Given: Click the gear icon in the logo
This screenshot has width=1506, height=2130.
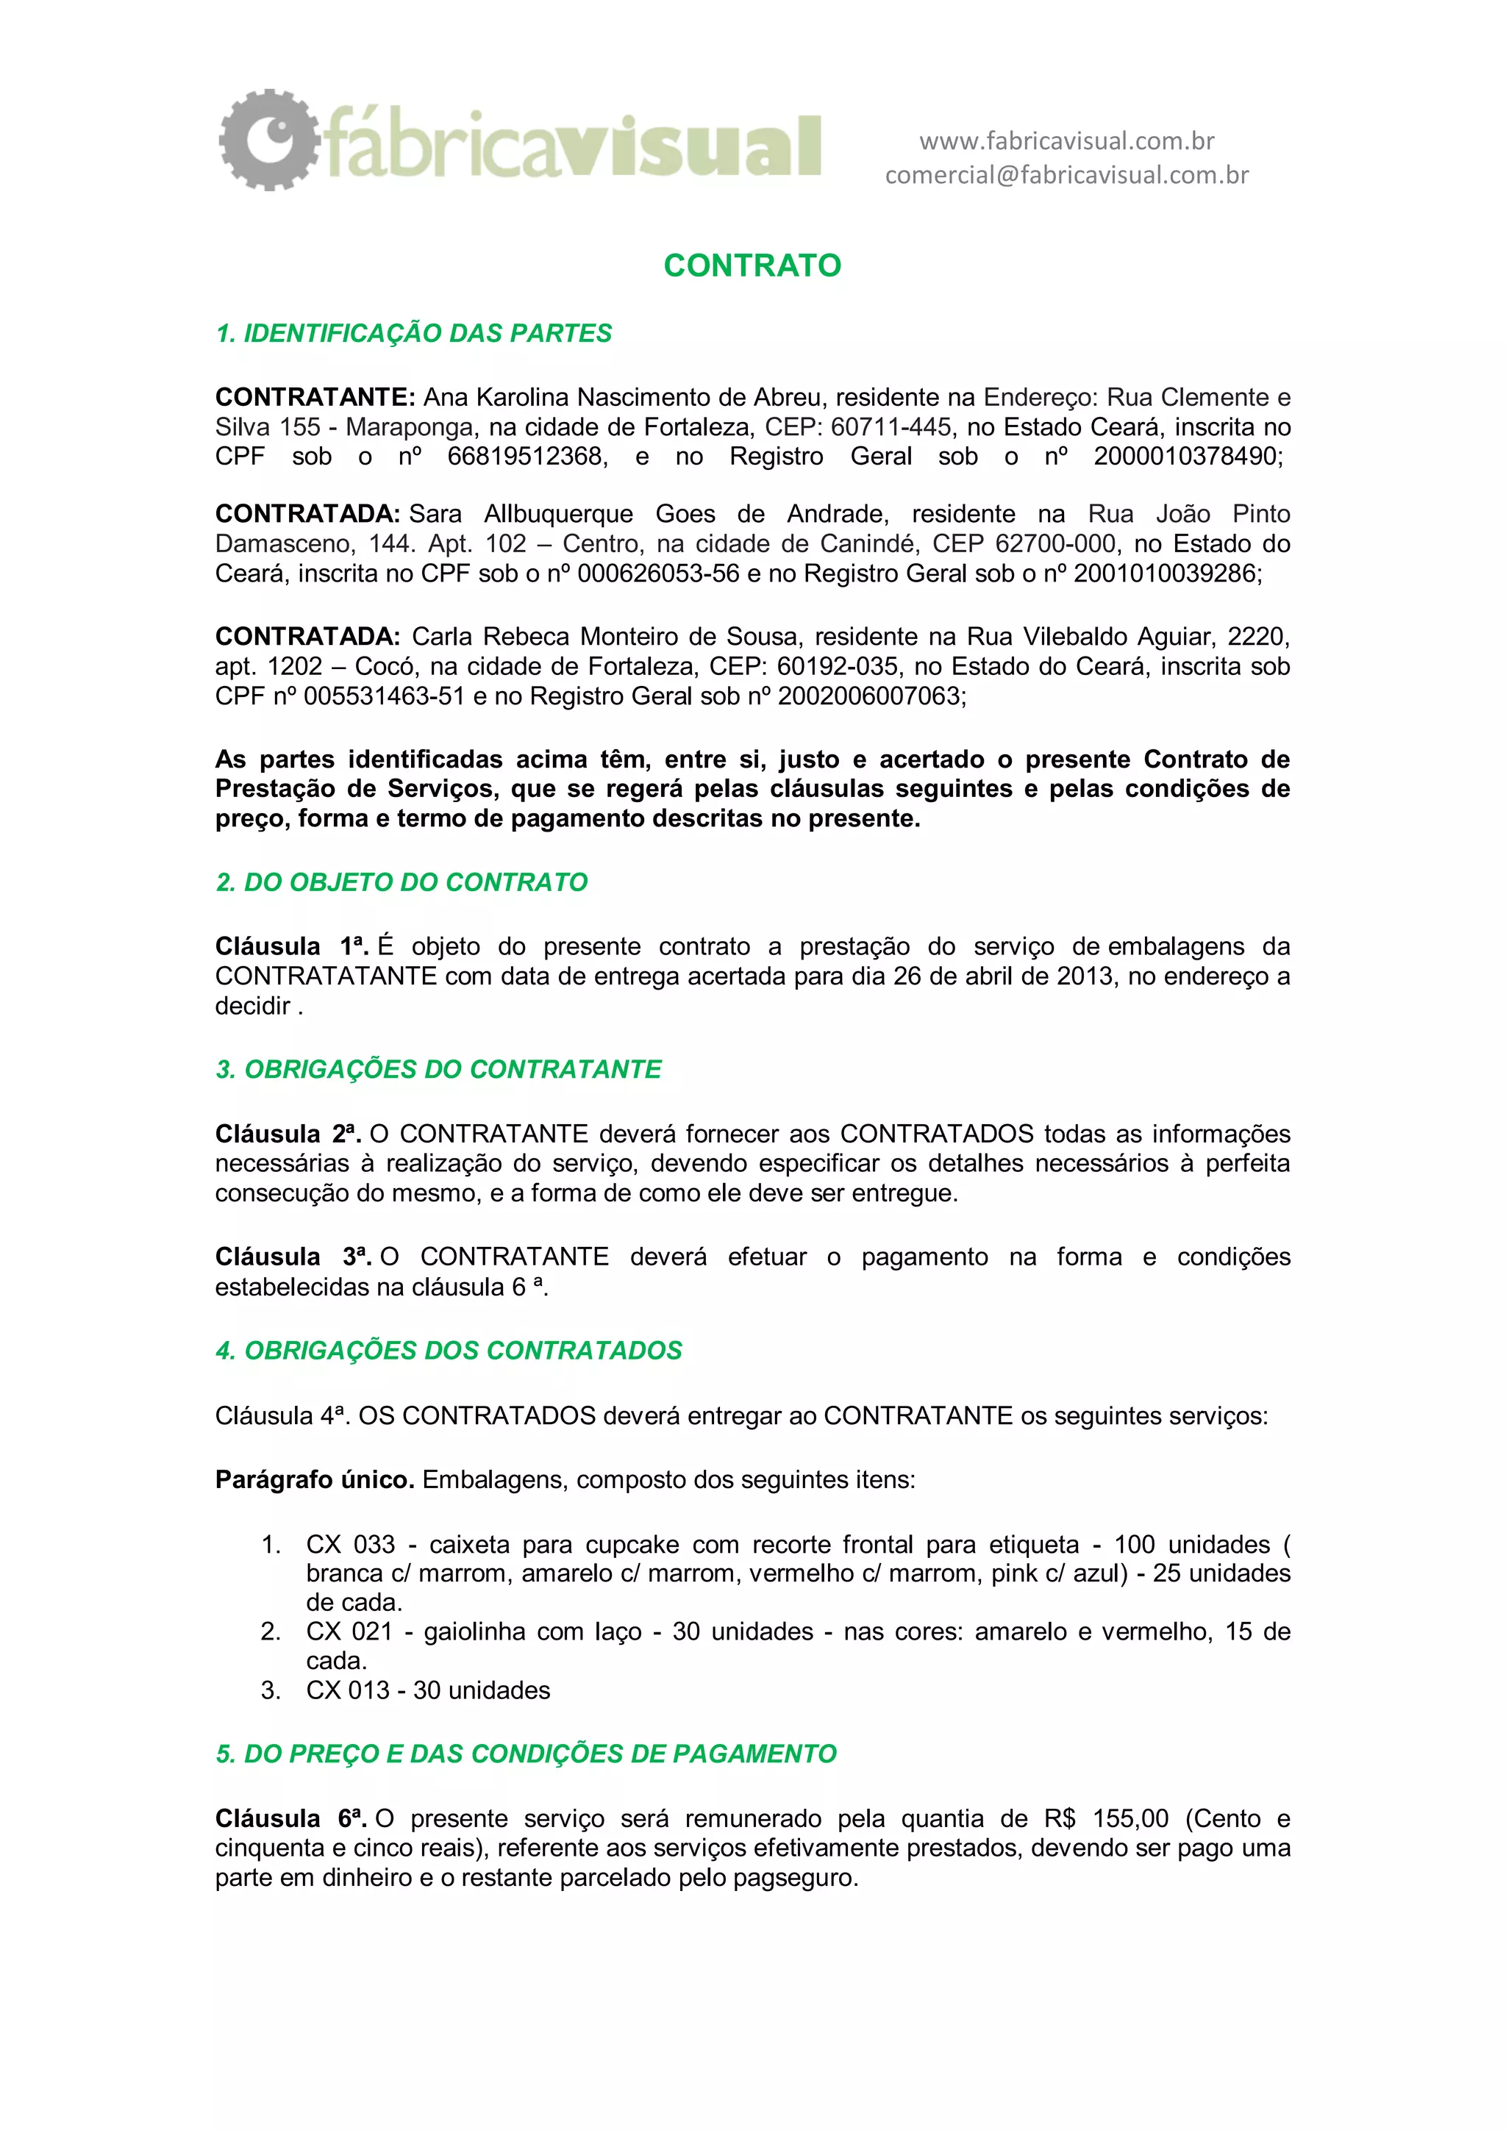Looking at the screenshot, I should point(269,140).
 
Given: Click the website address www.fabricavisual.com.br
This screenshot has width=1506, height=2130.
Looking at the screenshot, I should point(1066,141).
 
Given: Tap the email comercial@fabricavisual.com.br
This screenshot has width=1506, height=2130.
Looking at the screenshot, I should point(1066,175).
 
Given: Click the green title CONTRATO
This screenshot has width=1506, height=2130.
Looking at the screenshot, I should point(752,266).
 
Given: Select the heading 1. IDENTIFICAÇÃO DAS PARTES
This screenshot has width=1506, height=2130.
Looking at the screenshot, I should point(413,334).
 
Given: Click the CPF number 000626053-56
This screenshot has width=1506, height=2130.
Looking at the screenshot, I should point(658,574).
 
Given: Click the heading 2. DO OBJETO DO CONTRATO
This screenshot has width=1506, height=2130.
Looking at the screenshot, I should point(401,882).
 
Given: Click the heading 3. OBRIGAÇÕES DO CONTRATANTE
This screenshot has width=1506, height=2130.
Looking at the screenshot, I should point(438,1070).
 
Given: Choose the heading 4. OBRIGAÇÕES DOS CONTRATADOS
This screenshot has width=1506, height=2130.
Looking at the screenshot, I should point(448,1351).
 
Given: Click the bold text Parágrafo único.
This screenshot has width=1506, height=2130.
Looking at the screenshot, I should point(315,1480).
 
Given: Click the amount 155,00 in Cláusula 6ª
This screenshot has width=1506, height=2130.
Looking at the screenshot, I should point(1131,1819).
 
